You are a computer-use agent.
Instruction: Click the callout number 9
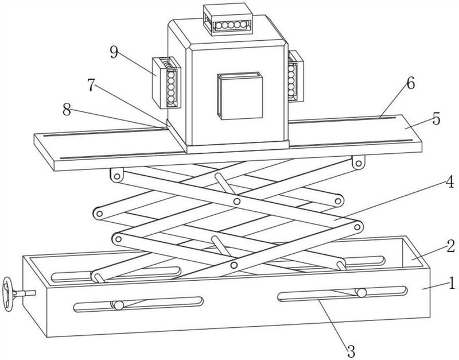(x=114, y=52)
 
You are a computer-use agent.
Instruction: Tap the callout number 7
(x=91, y=85)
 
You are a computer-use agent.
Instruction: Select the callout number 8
(x=67, y=110)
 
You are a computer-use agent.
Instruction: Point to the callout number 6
(x=410, y=84)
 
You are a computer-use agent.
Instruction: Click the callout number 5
(x=436, y=119)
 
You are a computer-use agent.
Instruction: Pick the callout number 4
(x=449, y=181)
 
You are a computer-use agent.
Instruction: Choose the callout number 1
(x=452, y=283)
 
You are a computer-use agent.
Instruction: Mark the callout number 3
(x=351, y=351)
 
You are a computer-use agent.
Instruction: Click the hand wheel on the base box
(x=8, y=294)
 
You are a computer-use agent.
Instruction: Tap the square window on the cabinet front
(x=240, y=95)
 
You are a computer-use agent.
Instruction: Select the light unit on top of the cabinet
(x=228, y=19)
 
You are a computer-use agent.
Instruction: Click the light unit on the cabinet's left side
(x=166, y=83)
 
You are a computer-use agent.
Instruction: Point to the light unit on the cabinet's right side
(x=295, y=76)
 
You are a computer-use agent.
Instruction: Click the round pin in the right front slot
(x=361, y=293)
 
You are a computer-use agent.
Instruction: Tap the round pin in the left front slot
(x=119, y=305)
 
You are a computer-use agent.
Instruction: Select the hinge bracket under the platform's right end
(x=358, y=162)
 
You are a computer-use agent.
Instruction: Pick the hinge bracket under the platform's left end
(x=116, y=175)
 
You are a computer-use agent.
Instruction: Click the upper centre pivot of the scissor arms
(x=237, y=202)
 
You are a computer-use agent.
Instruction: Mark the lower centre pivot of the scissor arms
(x=234, y=265)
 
